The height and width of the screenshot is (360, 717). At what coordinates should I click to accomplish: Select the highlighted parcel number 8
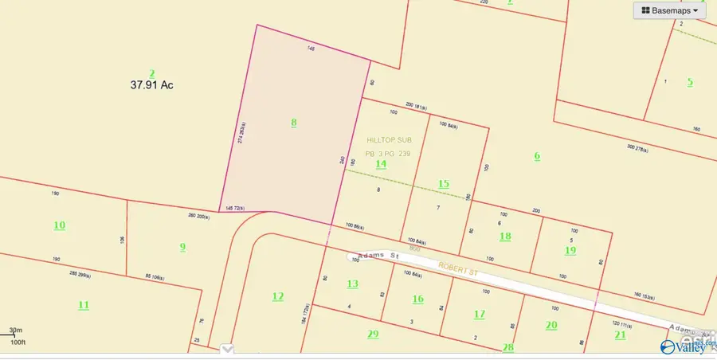point(293,123)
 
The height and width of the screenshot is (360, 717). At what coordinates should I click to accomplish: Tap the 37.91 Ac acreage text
point(151,84)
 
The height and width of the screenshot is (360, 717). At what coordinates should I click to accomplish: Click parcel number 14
point(381,164)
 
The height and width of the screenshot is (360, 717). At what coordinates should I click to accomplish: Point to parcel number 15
point(444,184)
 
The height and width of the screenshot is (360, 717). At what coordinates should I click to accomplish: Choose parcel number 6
point(537,156)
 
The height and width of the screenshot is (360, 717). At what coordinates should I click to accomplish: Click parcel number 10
point(60,225)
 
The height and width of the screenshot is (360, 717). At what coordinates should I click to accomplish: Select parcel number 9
point(182,247)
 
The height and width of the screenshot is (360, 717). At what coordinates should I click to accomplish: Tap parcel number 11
point(83,305)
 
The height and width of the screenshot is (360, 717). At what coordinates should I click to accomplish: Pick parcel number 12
point(277,296)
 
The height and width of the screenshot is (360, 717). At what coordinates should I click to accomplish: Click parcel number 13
point(352,284)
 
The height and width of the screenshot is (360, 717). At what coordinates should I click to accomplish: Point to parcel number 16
point(417,299)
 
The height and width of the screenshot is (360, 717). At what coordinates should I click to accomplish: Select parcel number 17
point(479,315)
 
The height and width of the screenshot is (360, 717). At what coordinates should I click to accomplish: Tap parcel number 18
point(505,236)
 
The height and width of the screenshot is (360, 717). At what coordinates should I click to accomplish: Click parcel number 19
point(570,250)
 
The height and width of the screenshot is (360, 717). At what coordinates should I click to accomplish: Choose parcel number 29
point(373,334)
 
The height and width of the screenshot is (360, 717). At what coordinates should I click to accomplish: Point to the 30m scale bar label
point(16,330)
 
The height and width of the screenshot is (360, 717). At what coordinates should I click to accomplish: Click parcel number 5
point(690,81)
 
